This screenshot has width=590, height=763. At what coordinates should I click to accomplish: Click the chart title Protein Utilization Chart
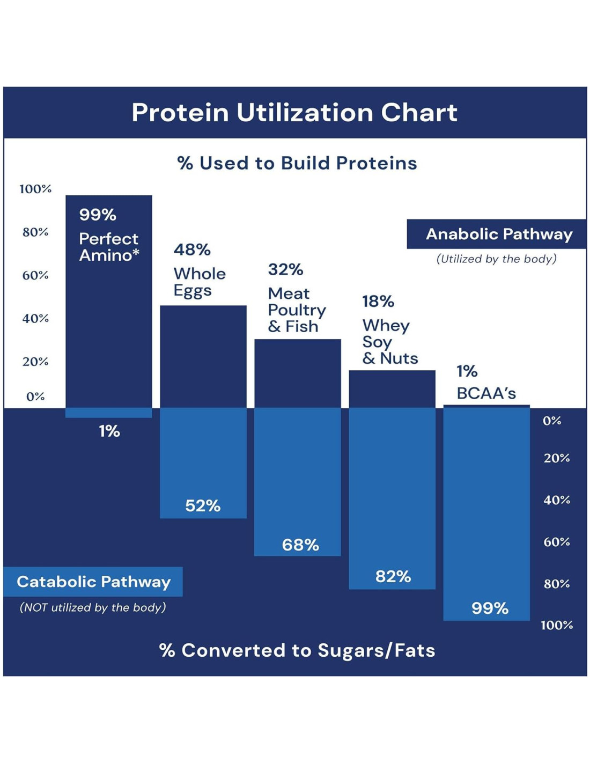(x=294, y=113)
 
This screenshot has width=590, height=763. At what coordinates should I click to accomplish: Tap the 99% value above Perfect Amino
(x=98, y=215)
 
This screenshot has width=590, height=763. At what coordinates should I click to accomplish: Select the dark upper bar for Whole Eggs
(x=203, y=356)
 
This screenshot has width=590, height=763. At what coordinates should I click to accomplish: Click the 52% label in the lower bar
(x=203, y=505)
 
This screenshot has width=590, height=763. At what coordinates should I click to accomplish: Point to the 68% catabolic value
(x=300, y=545)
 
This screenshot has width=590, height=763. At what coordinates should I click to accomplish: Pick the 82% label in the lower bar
(x=393, y=576)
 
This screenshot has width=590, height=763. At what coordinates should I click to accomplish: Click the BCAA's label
(x=486, y=393)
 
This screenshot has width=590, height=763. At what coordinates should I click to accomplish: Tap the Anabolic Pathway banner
(x=499, y=234)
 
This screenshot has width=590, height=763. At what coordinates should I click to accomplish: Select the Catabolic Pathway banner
(x=93, y=582)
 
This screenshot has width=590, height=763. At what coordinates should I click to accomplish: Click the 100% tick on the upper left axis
(x=35, y=189)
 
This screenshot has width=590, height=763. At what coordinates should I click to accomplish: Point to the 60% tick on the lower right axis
(x=556, y=542)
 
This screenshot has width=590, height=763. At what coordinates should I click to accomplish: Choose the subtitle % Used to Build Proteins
(x=297, y=163)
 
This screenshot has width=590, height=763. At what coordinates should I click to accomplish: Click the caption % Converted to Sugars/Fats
(x=297, y=650)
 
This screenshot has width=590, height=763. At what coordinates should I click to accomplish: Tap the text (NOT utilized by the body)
(x=93, y=607)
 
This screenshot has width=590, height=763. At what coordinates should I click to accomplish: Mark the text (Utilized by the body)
(x=496, y=259)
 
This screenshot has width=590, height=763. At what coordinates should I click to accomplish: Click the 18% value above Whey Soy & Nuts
(x=378, y=302)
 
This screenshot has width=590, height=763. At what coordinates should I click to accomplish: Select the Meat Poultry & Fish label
(x=297, y=310)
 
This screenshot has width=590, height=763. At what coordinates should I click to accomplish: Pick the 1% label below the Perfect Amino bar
(x=109, y=431)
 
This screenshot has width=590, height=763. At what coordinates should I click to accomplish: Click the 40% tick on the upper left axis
(x=35, y=318)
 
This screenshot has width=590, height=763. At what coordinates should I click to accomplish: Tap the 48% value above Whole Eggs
(x=192, y=250)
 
